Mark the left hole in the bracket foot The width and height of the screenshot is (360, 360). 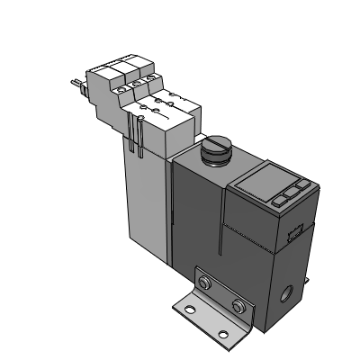[x=189, y=311]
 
